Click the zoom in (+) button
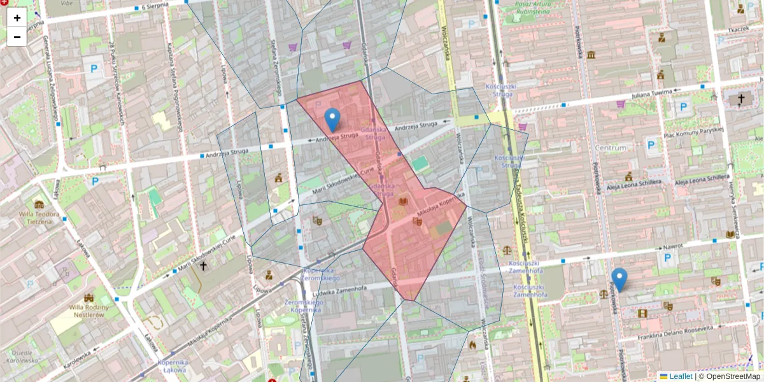pyautogui.click(x=17, y=18)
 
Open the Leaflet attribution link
pyautogui.click(x=681, y=376)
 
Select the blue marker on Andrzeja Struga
pyautogui.click(x=332, y=119)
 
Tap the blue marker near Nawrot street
pyautogui.click(x=619, y=279)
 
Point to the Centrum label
pyautogui.click(x=611, y=148)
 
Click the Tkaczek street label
pyautogui.click(x=738, y=29)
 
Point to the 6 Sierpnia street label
pyautogui.click(x=155, y=6)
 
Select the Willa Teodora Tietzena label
pyautogui.click(x=40, y=218)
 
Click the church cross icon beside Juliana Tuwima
pyautogui.click(x=740, y=99)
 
